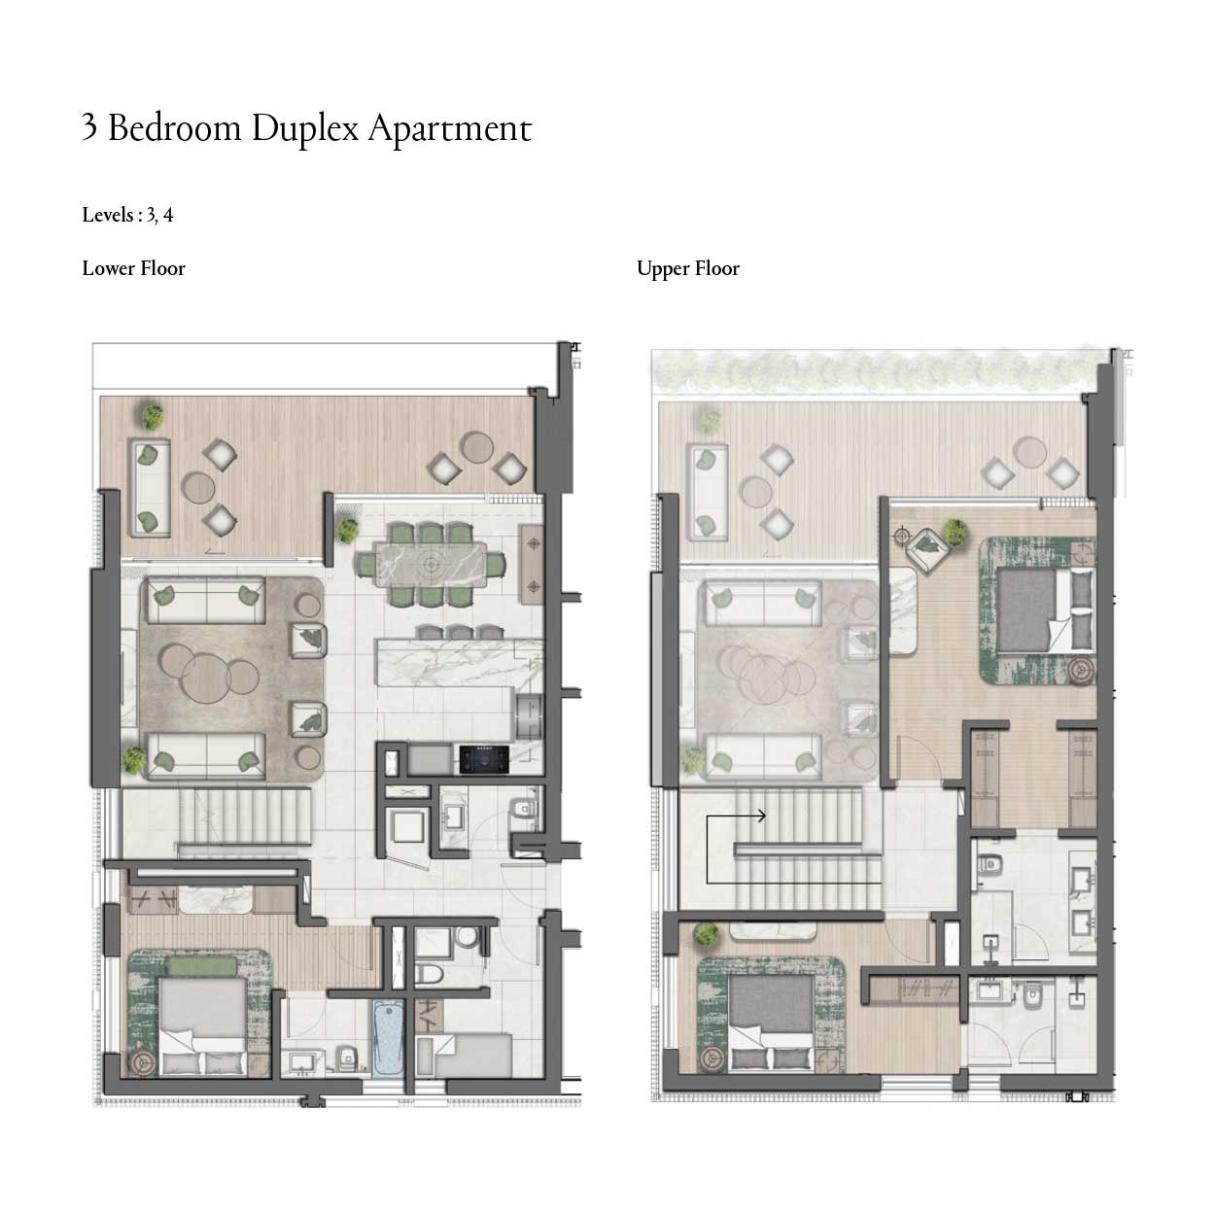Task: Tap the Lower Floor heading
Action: click(133, 268)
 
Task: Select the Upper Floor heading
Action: click(687, 268)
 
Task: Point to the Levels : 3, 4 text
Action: click(127, 215)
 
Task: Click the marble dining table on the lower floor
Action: click(430, 565)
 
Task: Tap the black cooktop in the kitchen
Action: click(483, 758)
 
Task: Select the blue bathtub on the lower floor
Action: click(387, 1038)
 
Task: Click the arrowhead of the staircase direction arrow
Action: click(763, 816)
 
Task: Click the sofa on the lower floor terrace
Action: click(149, 487)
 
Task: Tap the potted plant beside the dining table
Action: click(348, 531)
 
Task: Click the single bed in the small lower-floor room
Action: click(472, 1056)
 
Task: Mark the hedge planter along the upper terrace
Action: click(875, 369)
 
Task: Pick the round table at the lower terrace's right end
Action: click(477, 446)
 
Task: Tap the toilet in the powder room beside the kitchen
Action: click(523, 807)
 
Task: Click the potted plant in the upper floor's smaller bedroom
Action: click(706, 935)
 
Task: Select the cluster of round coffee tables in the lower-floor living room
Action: click(206, 672)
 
